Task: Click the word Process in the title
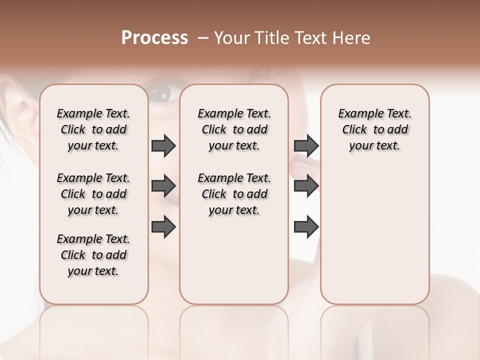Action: [154, 38]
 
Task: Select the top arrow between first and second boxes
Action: [163, 145]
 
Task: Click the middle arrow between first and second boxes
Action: [163, 186]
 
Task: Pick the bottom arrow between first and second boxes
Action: [163, 226]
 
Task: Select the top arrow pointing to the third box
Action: [306, 145]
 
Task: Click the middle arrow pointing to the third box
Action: [306, 186]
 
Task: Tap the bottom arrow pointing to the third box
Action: [306, 226]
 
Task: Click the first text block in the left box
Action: [93, 129]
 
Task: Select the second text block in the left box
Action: [93, 194]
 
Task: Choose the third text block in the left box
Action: [93, 255]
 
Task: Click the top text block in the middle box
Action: [234, 129]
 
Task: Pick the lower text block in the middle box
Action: [234, 194]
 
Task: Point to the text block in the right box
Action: [374, 129]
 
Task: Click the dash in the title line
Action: [203, 38]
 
